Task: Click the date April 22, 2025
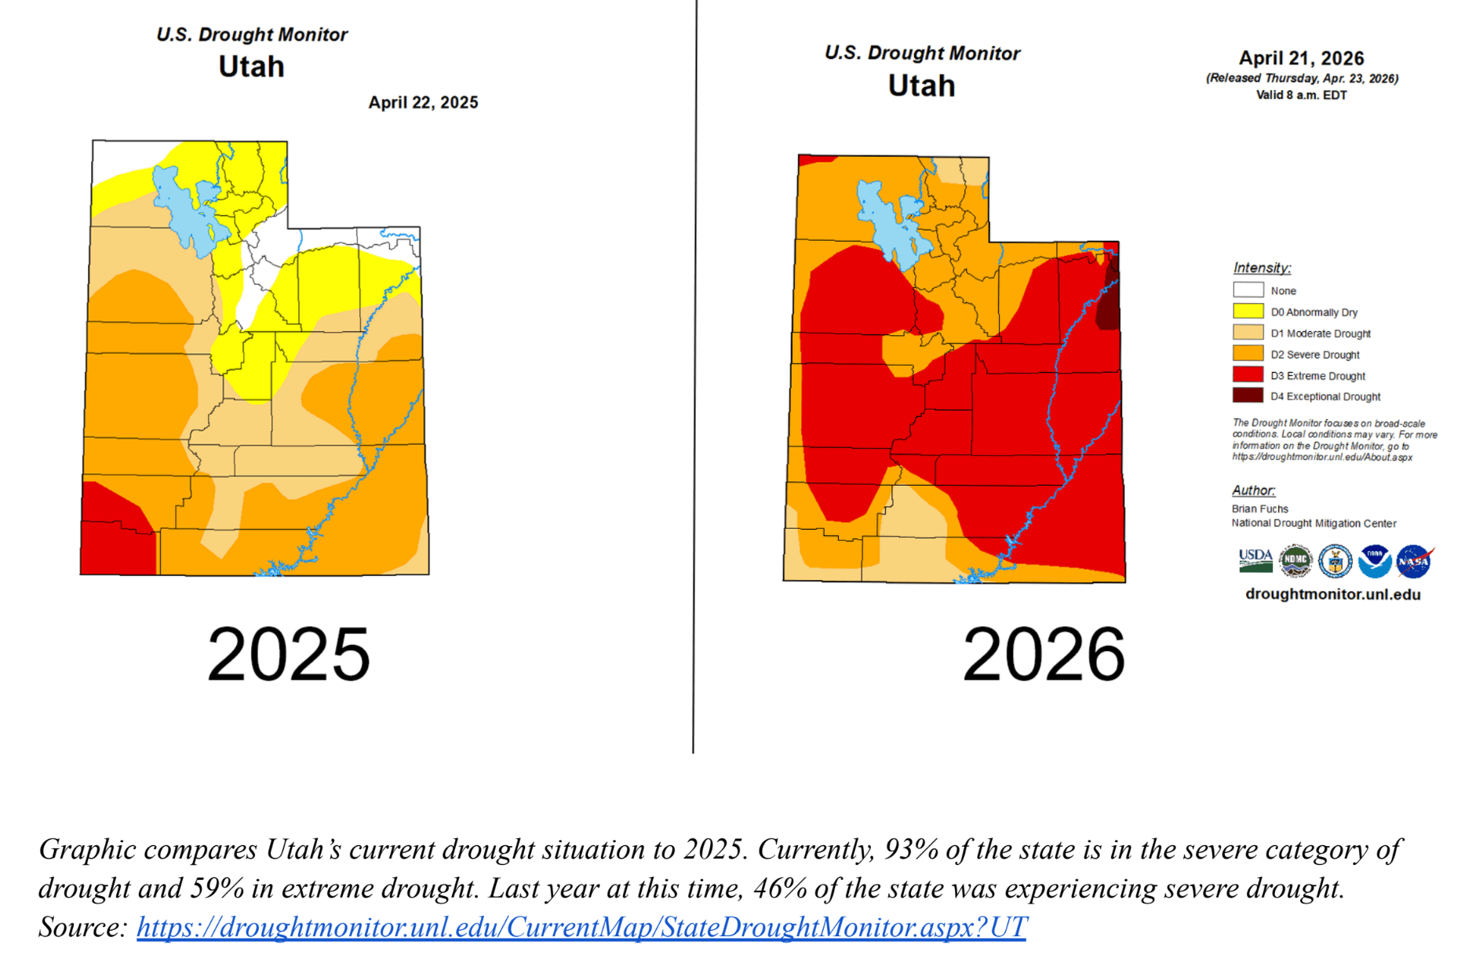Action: tap(423, 103)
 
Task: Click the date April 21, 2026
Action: tap(1300, 58)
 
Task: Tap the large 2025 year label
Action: tap(288, 654)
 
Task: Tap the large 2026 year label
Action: tap(1043, 654)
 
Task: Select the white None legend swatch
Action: tap(1248, 290)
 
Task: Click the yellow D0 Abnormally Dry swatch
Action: tap(1248, 312)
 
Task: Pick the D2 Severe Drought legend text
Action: tap(1314, 355)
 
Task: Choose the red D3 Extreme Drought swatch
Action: tap(1248, 375)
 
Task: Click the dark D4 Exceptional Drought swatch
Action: tap(1248, 396)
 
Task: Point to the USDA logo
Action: tap(1255, 560)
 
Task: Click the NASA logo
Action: tap(1414, 561)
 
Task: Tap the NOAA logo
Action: tap(1375, 561)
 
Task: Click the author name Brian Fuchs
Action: tap(1259, 509)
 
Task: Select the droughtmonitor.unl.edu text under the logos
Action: tap(1332, 594)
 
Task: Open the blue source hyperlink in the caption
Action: tap(581, 927)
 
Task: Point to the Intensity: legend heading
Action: tap(1261, 268)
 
